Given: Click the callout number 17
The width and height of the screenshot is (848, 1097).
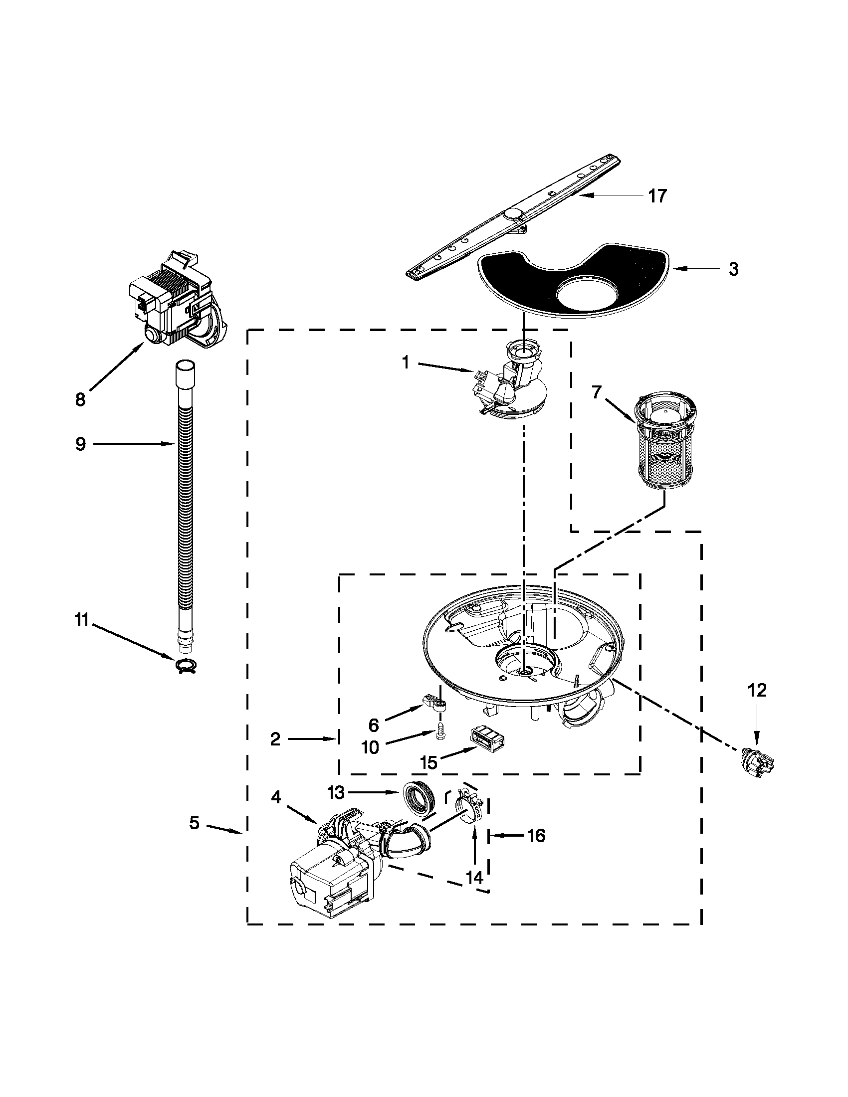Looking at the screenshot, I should tap(656, 196).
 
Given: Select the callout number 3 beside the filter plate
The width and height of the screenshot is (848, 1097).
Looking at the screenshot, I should tap(733, 269).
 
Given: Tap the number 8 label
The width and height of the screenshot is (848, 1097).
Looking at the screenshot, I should tap(80, 400).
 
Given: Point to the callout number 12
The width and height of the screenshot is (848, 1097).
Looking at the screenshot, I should tap(757, 691).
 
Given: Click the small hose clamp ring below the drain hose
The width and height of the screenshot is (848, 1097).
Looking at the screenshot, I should tap(187, 666).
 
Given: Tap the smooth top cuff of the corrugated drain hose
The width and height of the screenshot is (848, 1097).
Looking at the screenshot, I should tap(185, 372).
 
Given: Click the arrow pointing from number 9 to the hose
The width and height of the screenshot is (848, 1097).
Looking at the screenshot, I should tap(133, 443).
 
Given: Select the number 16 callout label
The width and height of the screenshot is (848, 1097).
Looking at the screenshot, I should tap(536, 836).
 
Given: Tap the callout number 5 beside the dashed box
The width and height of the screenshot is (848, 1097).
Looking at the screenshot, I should tap(195, 823).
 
